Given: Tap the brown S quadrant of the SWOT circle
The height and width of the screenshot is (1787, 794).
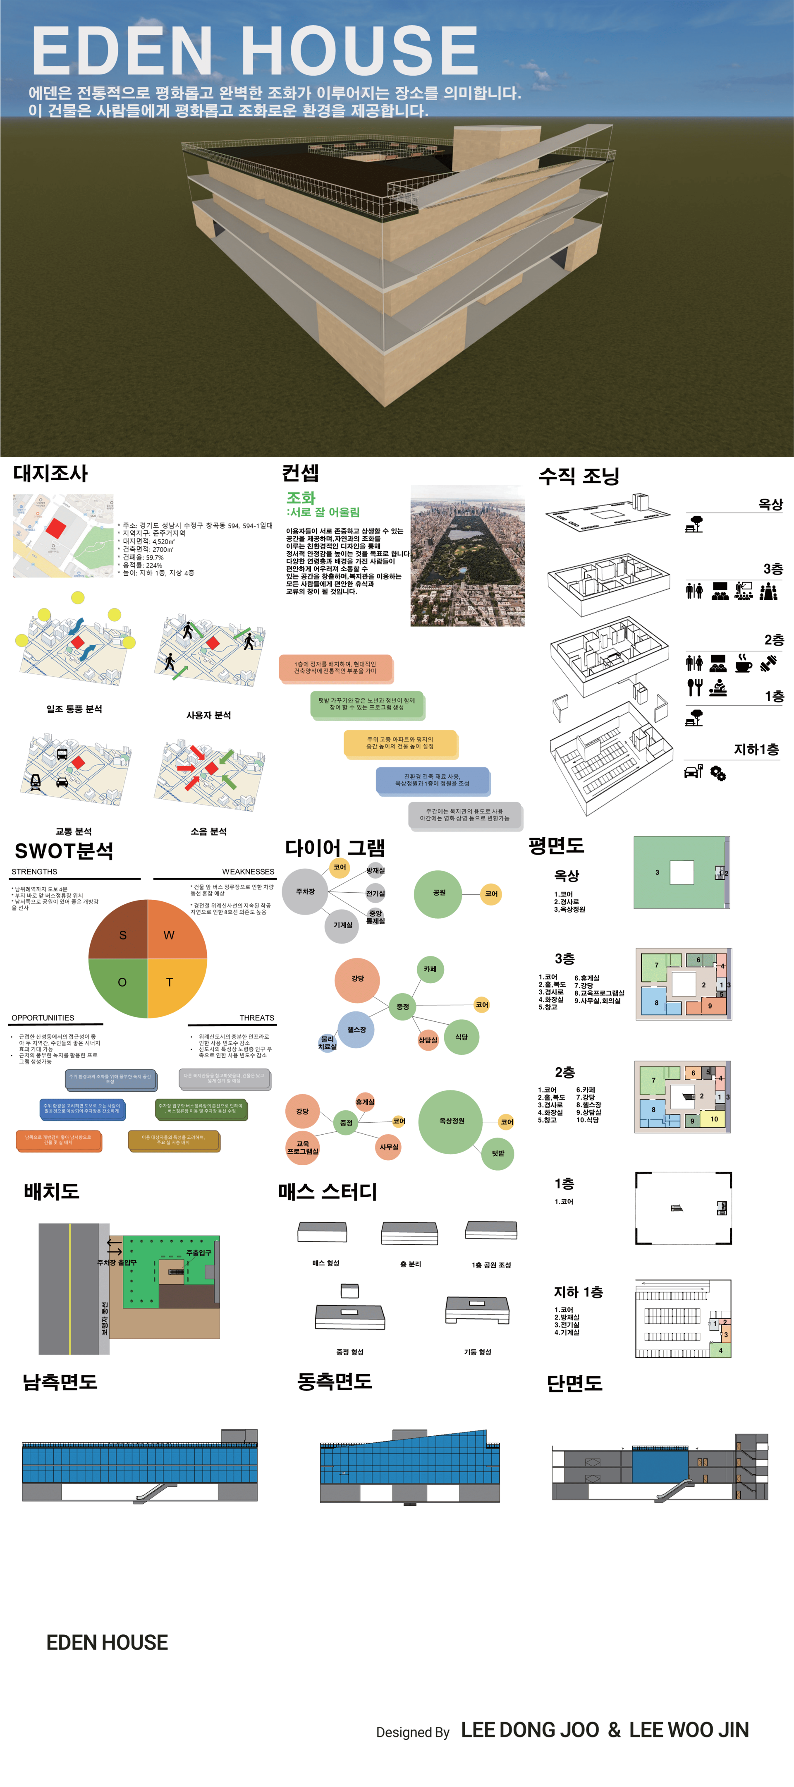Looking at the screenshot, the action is [121, 933].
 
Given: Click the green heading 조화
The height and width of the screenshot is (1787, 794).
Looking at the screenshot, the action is [301, 497].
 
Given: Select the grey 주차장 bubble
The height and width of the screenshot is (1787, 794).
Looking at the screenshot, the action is [305, 891].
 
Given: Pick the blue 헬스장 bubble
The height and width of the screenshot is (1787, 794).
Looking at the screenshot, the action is [356, 1030].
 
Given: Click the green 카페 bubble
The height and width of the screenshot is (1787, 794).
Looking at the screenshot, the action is [430, 969].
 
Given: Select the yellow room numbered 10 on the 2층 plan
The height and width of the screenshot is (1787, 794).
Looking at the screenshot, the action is [713, 1119].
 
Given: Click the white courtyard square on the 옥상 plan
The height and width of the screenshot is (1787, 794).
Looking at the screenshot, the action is [682, 872].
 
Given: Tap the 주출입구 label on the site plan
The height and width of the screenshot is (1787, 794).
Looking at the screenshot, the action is [198, 1252].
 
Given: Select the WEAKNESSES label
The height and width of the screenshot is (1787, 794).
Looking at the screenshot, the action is [248, 871].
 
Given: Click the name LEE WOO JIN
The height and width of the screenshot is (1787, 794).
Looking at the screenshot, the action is [689, 1730].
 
